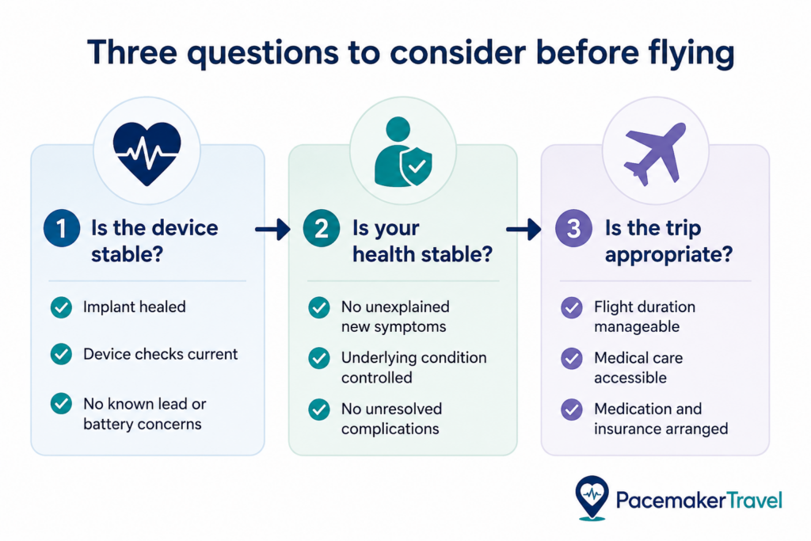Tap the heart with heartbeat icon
147,154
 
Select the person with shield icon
403,151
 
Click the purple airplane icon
655,154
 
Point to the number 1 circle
62,228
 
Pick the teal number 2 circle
322,228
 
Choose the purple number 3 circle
573,228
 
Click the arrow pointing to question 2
272,229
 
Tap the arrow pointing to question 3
524,229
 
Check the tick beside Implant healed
61,307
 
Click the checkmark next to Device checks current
61,354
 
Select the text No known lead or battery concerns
145,413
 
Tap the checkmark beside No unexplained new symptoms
319,307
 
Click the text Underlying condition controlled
413,368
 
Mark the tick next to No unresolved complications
319,410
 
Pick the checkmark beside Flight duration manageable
572,307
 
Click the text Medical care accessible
638,368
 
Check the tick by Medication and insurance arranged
572,410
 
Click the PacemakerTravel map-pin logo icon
592,497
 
